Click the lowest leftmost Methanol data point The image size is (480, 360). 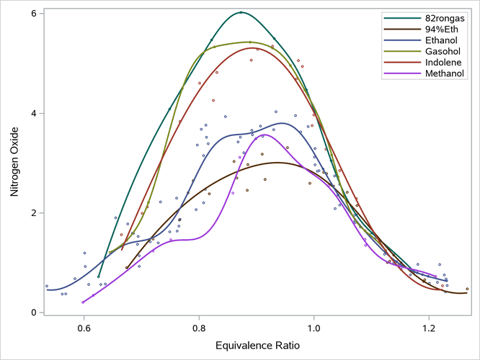(x=84, y=302)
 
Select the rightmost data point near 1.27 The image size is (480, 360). (x=467, y=289)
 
